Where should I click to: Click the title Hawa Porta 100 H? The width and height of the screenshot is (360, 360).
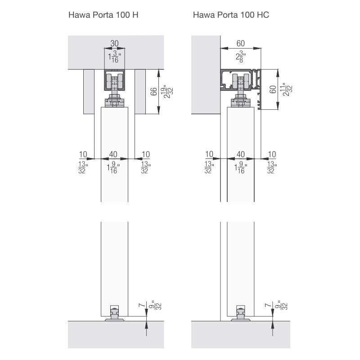click(103, 15)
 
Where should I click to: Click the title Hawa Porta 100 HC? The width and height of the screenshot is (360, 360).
click(231, 15)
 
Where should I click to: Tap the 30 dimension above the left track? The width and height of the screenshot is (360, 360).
click(115, 43)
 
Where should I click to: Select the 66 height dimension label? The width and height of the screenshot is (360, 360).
click(153, 91)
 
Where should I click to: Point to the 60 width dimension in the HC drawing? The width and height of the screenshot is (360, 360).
click(241, 43)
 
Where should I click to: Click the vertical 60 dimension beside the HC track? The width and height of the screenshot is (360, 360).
click(273, 89)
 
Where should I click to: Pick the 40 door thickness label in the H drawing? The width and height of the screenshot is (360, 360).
click(113, 154)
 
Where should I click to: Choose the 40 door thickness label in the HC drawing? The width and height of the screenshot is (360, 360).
click(241, 154)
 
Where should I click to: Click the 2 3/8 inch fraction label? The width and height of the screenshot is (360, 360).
click(241, 57)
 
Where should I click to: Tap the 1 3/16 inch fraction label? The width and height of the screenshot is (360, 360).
click(114, 57)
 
